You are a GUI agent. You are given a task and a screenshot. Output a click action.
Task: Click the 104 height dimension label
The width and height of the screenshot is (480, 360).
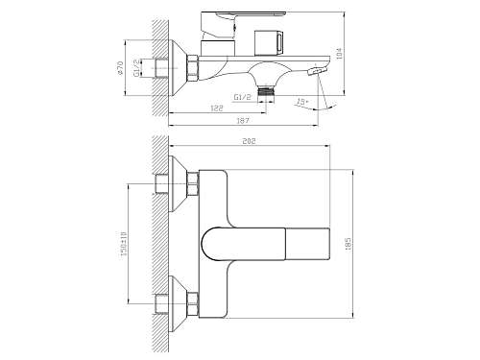pos(340,53)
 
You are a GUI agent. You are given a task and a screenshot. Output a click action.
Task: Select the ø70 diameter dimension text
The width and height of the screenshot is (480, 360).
pos(120,68)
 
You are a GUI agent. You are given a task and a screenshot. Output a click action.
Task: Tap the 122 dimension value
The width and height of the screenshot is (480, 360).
pos(217,108)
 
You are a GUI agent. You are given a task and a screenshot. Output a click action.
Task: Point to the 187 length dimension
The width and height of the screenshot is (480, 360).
pos(243,121)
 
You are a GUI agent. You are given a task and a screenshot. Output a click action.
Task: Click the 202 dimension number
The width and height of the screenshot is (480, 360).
pos(249,141)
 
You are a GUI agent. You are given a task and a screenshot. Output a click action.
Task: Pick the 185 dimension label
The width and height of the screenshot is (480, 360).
pos(348,244)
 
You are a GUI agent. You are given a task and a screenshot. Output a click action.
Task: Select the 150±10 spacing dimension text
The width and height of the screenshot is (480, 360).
pos(124,244)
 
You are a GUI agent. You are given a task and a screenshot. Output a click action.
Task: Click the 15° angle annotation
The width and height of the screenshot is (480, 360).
pos(302,102)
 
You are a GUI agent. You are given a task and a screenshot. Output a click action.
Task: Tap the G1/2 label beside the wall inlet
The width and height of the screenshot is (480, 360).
pos(136,68)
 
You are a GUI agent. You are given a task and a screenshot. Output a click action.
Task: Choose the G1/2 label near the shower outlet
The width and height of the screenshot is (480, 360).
pos(243,97)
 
